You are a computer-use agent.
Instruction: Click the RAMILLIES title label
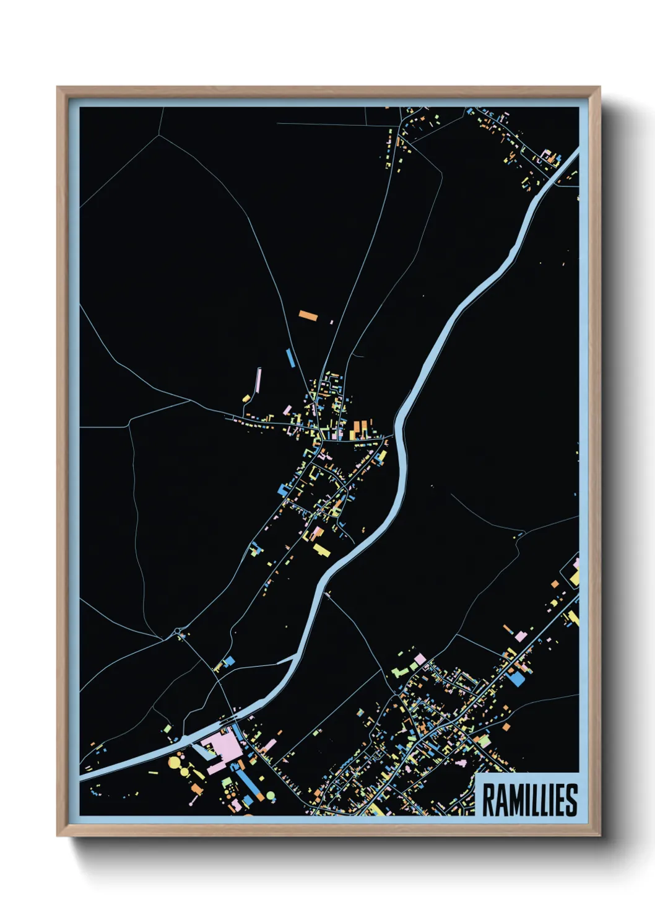click(x=529, y=800)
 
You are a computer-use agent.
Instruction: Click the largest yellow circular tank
click(x=175, y=760)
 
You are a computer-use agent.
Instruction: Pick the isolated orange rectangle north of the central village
click(x=308, y=315)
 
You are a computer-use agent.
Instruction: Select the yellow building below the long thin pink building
click(x=246, y=398)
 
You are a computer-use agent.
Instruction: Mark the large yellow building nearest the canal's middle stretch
click(x=321, y=550)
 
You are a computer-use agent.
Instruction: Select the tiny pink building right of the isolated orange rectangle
click(x=332, y=322)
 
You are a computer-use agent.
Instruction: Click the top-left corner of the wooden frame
click(x=59, y=89)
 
